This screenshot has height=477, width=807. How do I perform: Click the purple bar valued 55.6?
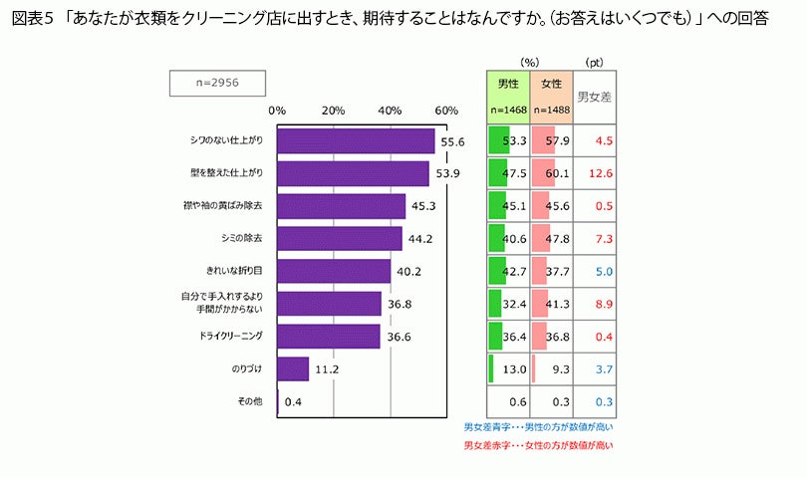click(x=356, y=141)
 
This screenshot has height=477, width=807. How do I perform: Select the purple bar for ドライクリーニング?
click(x=329, y=337)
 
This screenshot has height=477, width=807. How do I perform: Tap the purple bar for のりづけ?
click(x=293, y=369)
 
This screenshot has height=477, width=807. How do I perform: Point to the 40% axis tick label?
click(x=390, y=110)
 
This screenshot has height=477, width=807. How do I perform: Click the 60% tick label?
click(x=446, y=110)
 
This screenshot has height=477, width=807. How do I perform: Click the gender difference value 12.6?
click(x=601, y=174)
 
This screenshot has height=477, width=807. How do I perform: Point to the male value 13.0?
click(x=514, y=369)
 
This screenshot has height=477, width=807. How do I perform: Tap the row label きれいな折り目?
click(x=235, y=271)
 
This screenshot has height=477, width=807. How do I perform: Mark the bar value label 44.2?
click(x=423, y=239)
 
